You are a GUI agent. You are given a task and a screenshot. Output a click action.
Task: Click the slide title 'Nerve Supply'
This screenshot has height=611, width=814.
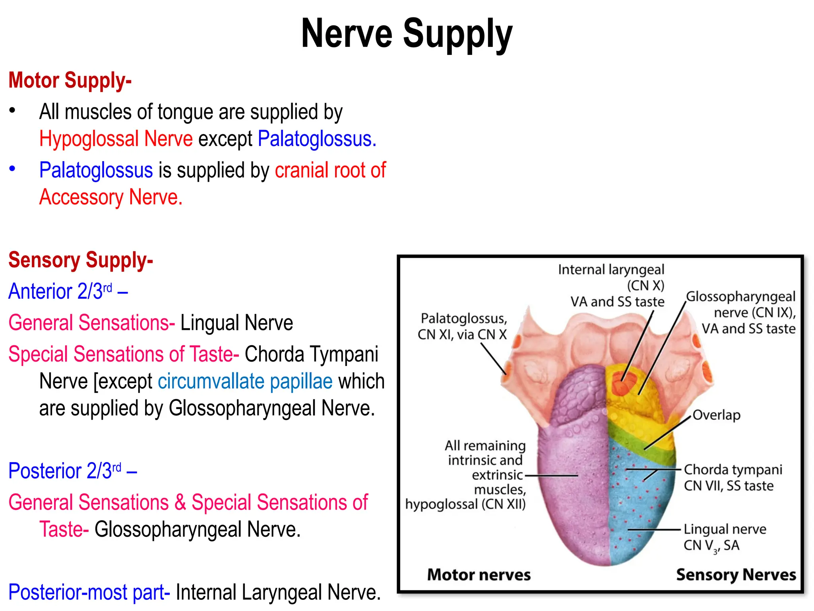point(407,34)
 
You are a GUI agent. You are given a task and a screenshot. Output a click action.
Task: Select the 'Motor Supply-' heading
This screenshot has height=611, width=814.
point(70,80)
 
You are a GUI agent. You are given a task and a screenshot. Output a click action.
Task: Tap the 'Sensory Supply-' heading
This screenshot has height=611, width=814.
point(81,260)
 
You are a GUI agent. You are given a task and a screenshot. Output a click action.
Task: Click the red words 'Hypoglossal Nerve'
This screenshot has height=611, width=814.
point(116,139)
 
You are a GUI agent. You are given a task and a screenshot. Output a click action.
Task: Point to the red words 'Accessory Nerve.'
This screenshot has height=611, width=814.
point(111,197)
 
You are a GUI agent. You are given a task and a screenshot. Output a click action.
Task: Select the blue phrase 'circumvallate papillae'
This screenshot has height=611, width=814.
point(245,381)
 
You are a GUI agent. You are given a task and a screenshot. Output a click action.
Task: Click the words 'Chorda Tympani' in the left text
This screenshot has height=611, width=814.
point(311,354)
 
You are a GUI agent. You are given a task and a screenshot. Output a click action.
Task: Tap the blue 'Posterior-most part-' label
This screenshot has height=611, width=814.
point(89,592)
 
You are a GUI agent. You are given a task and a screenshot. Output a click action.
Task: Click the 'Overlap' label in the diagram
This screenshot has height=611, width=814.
point(716,415)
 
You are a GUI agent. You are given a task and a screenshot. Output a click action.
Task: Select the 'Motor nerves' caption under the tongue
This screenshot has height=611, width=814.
point(479,575)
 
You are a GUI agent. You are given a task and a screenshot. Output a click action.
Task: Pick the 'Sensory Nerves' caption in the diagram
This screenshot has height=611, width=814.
point(736,575)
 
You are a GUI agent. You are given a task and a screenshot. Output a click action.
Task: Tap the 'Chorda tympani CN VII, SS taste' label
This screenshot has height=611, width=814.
point(733,478)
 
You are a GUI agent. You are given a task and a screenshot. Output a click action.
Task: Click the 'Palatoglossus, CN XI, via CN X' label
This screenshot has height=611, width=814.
point(462,327)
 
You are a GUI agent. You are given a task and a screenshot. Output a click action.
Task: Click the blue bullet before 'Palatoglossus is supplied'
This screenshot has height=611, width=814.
point(13,169)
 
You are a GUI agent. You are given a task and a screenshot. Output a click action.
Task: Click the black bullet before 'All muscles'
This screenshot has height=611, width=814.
point(13,110)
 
